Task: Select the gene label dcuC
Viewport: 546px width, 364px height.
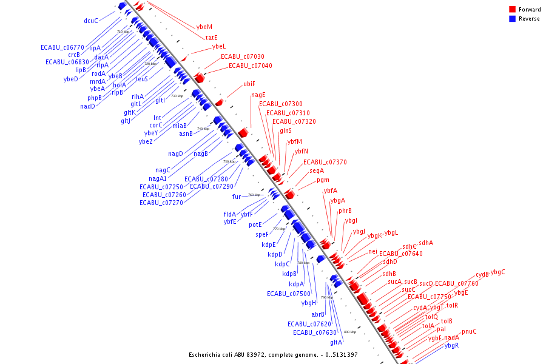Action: [x=91, y=21]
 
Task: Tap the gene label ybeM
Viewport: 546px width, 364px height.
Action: [x=204, y=27]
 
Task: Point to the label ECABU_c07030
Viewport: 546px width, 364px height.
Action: [x=242, y=56]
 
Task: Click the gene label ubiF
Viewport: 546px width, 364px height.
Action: [x=249, y=84]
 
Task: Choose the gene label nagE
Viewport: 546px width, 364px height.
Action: [x=258, y=95]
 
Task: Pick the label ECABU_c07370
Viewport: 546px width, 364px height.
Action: [x=325, y=162]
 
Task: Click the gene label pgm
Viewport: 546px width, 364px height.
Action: [x=323, y=180]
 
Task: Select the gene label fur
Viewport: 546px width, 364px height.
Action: [x=237, y=197]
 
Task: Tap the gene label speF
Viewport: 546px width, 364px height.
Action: [x=262, y=234]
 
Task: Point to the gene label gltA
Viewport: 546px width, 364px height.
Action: [x=337, y=342]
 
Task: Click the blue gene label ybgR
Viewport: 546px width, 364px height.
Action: [x=452, y=346]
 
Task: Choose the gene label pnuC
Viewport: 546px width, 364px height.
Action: [x=469, y=331]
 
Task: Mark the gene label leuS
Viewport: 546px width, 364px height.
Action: [x=142, y=79]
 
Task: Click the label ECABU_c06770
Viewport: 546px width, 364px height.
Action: [x=62, y=47]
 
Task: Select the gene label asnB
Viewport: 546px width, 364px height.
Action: [x=186, y=133]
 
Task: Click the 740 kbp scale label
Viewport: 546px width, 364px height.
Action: [x=203, y=129]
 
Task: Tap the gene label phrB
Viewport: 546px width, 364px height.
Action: [x=345, y=211]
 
